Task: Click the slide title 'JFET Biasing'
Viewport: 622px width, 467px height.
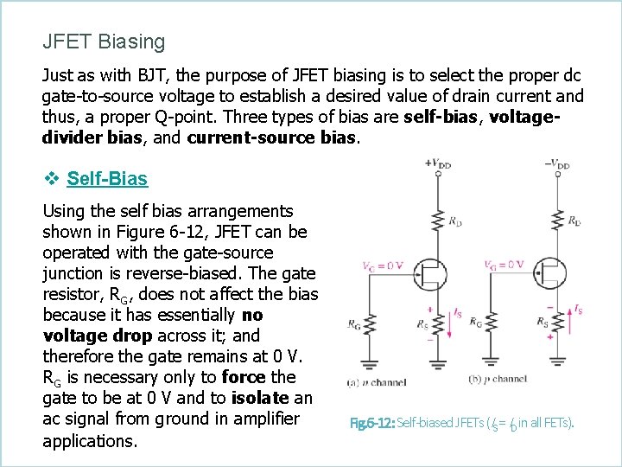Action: pos(104,42)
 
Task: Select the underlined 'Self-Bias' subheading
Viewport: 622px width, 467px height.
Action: pos(106,179)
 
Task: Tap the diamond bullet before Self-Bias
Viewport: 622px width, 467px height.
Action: pos(51,179)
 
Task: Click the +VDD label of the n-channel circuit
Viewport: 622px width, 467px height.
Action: pos(438,162)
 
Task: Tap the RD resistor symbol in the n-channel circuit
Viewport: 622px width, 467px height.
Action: pos(438,221)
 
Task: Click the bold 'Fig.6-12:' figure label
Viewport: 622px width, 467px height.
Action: pos(370,424)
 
